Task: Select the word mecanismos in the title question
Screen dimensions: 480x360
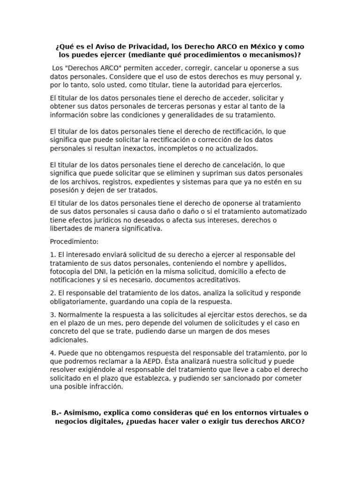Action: [x=277, y=55]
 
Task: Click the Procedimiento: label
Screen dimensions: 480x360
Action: [x=74, y=241]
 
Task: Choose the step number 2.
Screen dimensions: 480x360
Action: [x=52, y=293]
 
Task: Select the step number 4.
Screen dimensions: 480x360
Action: [x=52, y=353]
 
